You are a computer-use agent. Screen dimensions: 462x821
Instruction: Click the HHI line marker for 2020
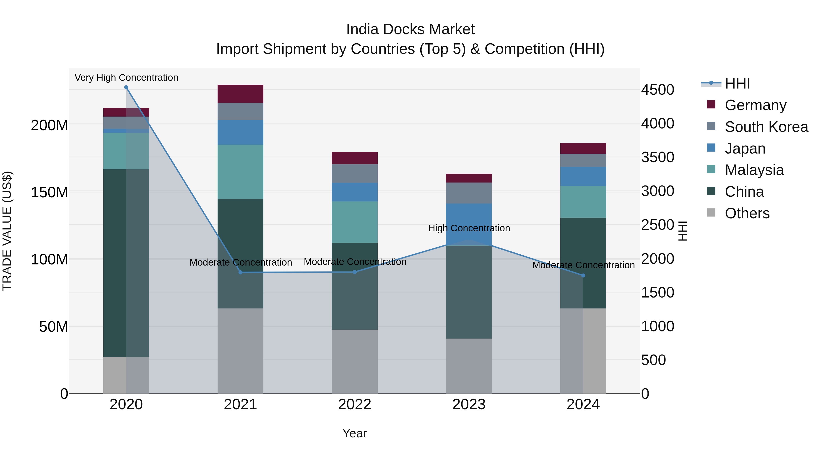click(x=126, y=87)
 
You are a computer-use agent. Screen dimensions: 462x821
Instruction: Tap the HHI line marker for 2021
click(x=241, y=272)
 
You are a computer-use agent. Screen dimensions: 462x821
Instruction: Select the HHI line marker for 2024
click(x=583, y=275)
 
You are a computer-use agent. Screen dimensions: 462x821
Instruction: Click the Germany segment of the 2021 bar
click(x=241, y=94)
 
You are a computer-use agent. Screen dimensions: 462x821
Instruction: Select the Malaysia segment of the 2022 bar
click(x=355, y=222)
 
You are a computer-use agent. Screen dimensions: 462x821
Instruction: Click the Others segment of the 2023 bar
click(x=469, y=366)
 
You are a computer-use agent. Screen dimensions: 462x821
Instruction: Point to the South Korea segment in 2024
click(x=583, y=160)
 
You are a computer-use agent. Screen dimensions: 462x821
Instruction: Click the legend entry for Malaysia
click(x=754, y=170)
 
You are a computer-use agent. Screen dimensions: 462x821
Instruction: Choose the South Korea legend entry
click(x=766, y=127)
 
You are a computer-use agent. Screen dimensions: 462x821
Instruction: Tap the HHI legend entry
click(x=737, y=84)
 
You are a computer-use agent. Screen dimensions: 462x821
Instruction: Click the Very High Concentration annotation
click(x=126, y=78)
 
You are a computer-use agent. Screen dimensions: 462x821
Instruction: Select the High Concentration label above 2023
click(x=469, y=228)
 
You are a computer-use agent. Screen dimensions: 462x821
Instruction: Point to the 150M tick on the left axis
click(x=49, y=192)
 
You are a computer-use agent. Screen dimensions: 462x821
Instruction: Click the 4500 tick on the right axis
click(x=657, y=90)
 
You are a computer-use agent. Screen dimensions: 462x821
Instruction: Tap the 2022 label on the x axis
click(x=355, y=405)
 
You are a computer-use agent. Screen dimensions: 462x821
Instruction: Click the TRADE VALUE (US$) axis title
click(x=7, y=231)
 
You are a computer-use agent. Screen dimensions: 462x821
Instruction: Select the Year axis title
click(x=355, y=433)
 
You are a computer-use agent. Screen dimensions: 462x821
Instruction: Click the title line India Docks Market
click(x=410, y=29)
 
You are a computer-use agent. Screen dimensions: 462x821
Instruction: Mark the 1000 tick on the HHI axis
click(x=657, y=326)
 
